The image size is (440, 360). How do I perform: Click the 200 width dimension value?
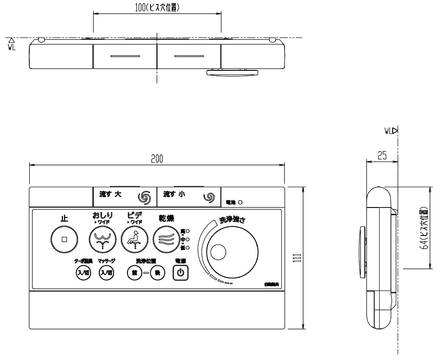(x=157, y=158)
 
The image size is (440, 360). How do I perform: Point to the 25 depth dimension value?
(x=382, y=156)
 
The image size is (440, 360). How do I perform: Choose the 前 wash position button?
(x=134, y=273)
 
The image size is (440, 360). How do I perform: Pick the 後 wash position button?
(x=158, y=273)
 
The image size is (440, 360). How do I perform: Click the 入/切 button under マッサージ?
(x=106, y=273)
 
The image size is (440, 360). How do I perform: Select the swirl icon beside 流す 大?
(x=144, y=197)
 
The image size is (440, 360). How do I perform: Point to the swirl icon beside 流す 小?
(x=209, y=197)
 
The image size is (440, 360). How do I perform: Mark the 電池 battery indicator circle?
(x=240, y=203)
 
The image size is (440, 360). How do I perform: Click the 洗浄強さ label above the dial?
(x=232, y=220)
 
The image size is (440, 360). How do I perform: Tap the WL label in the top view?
(x=12, y=46)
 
